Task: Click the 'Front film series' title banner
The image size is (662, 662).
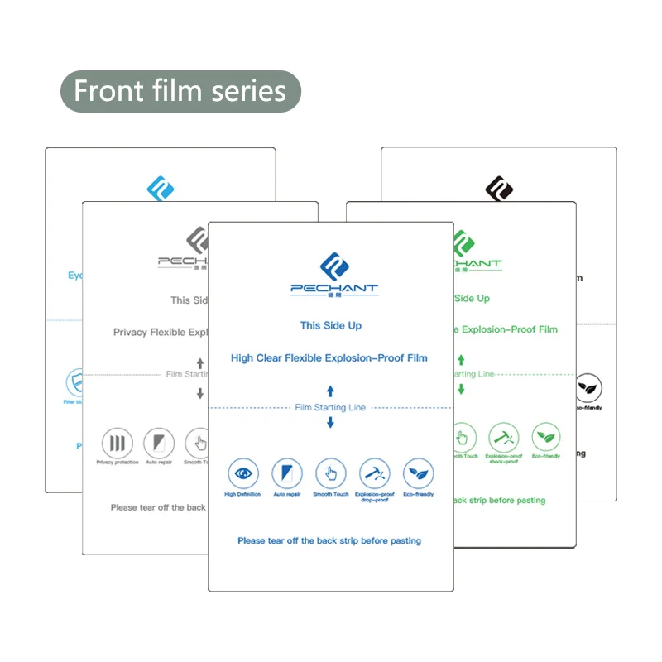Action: pos(180,91)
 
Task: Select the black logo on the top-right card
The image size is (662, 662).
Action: pos(499,189)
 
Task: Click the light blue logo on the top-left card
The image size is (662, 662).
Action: pos(161,188)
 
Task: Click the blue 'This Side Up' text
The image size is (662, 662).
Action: pos(330,326)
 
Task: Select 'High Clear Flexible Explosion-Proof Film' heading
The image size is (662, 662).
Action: pos(329,358)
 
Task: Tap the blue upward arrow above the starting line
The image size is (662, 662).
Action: pos(330,390)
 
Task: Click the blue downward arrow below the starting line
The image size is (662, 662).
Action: pos(330,423)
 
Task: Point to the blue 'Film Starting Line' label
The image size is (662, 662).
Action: pos(330,407)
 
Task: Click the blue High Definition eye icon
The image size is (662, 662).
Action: pos(242,473)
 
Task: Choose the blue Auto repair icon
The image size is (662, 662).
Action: pos(286,473)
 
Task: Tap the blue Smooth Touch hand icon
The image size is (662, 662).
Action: pos(331,473)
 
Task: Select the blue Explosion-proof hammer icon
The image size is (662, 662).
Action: pos(374,473)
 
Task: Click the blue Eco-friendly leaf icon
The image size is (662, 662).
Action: pos(418,473)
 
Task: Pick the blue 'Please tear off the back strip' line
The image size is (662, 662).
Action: pos(329,540)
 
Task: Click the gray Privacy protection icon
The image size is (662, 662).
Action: pos(117,443)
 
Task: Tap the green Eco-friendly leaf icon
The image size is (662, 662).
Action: pos(545,436)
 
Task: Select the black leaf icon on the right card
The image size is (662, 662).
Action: pos(588,387)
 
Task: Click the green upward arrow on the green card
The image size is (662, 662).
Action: pos(462,360)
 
